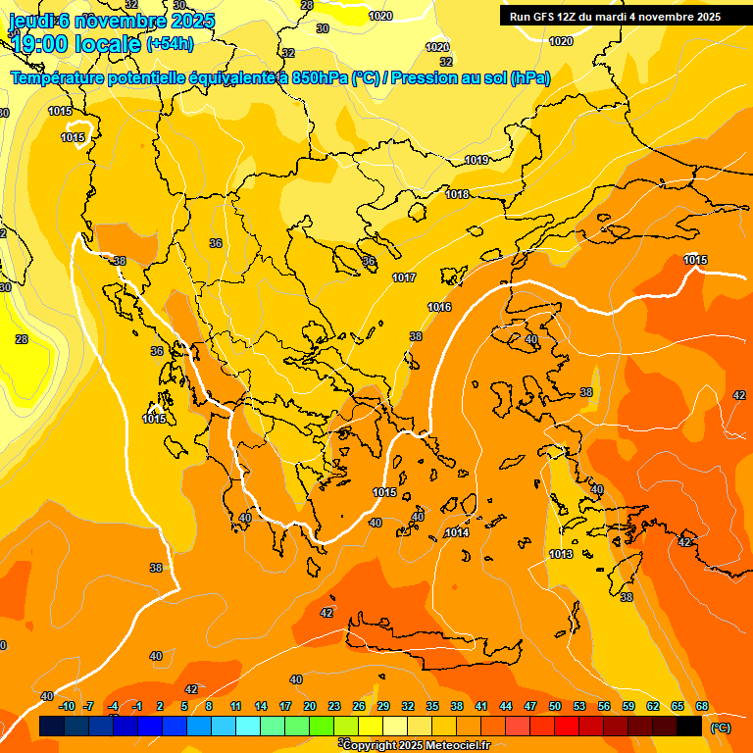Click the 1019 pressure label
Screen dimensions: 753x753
477,160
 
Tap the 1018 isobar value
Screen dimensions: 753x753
457,194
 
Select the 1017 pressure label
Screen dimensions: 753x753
404,278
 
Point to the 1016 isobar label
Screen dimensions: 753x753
439,308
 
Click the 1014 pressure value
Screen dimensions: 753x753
457,532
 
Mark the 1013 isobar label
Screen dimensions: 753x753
561,554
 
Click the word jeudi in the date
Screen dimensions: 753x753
31,21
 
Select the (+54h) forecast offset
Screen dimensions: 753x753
170,44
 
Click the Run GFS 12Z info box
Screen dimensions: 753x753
615,16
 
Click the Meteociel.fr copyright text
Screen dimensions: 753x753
416,745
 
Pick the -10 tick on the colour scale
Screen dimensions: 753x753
67,706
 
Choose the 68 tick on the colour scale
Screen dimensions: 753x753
702,706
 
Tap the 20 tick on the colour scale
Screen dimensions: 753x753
310,706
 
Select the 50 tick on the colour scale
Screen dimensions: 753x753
555,706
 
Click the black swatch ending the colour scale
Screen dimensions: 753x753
689,726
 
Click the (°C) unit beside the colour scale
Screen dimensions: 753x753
720,728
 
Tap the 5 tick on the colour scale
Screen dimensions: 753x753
184,706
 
